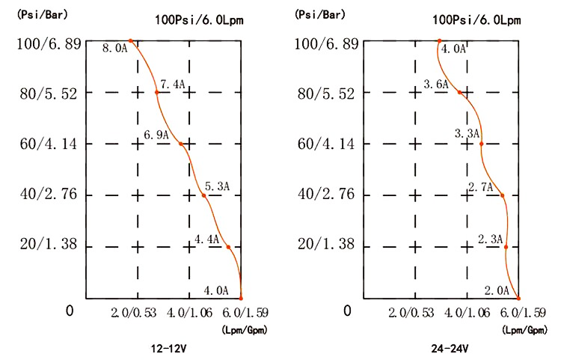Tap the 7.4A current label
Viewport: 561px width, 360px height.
coord(171,84)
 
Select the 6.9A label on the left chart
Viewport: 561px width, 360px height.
coord(156,135)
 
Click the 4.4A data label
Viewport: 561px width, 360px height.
coord(206,240)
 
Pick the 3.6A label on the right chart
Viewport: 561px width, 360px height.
coord(436,85)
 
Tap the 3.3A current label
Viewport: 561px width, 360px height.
coord(467,133)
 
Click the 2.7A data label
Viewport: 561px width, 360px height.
coord(480,186)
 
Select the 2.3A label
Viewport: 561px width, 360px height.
coord(490,239)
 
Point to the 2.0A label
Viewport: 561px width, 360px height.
coord(497,290)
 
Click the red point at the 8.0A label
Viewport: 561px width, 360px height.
coord(130,41)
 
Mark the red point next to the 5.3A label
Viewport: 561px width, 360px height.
coord(203,196)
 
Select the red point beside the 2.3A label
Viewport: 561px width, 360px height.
coord(506,247)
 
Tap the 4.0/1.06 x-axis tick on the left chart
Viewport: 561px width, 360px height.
coord(186,312)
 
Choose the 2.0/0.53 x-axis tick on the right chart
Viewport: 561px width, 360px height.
coord(412,312)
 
